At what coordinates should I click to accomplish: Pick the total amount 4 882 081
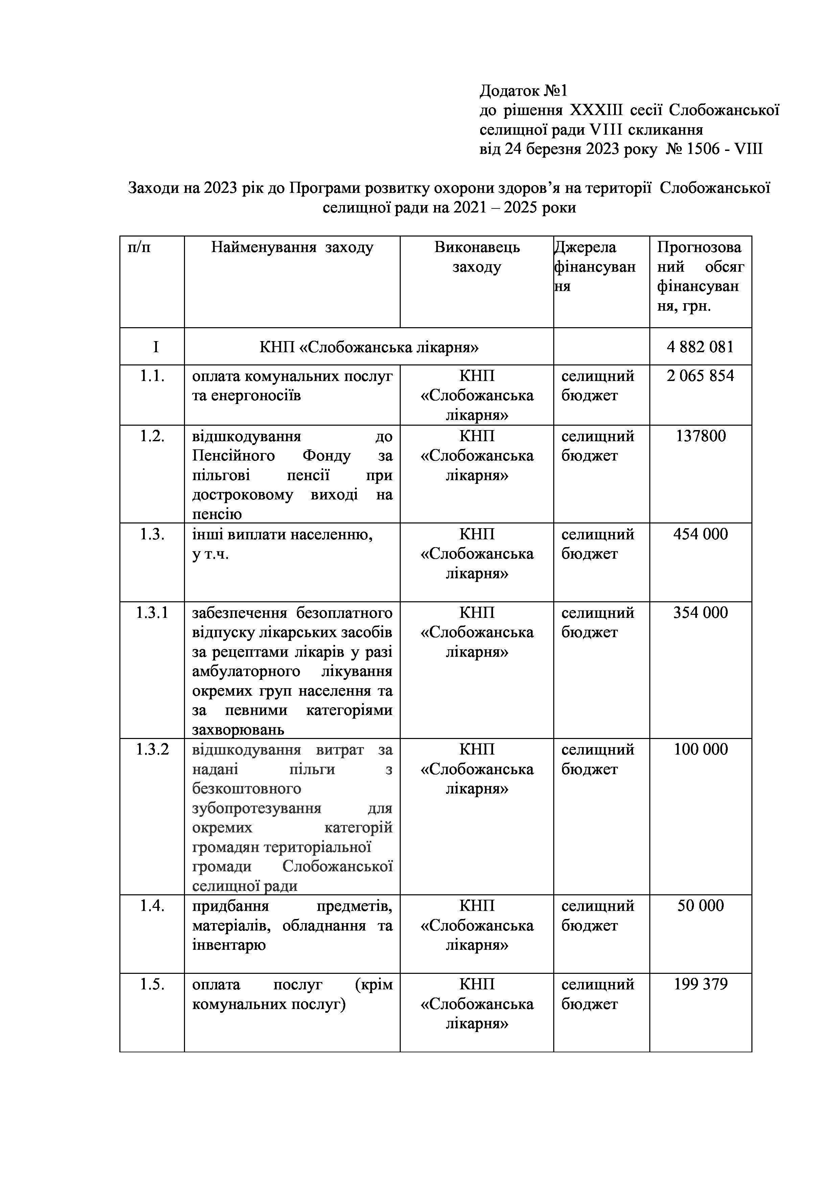point(700,346)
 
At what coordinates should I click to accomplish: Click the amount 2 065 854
point(700,376)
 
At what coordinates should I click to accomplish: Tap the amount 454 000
point(700,534)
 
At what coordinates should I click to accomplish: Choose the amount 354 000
point(700,613)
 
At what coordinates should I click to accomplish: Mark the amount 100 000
point(700,749)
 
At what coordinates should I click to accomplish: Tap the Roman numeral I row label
point(156,346)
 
